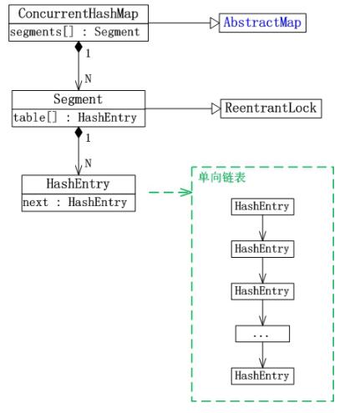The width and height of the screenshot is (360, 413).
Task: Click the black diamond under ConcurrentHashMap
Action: [x=78, y=47]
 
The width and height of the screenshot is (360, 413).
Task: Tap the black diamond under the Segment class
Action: [x=78, y=132]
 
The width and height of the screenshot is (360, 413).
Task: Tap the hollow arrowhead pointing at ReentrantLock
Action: [x=215, y=108]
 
